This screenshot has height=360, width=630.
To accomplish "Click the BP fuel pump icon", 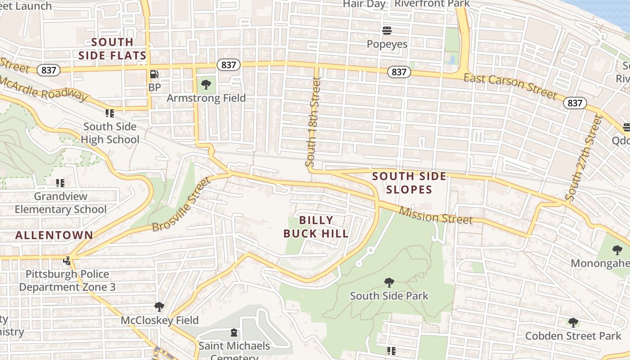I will click(154, 74).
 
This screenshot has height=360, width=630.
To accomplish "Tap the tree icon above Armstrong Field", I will click(206, 84).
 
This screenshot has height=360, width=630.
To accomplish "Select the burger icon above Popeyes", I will click(387, 31).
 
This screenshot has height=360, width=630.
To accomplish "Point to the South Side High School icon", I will click(110, 113).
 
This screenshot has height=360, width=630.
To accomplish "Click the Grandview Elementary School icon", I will click(60, 183).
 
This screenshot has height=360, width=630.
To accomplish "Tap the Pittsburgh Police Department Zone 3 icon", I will click(67, 261).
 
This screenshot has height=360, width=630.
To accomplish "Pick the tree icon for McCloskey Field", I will click(159, 307).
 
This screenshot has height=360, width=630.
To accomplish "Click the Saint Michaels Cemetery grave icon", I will click(234, 333).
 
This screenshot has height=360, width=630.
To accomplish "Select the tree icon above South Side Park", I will click(389, 283).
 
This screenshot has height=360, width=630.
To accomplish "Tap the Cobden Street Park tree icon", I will click(573, 322).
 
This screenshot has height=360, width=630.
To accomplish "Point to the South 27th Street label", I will click(584, 157).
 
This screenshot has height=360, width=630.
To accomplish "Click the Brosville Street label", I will click(181, 204).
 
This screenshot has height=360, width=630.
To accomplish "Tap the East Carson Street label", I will click(510, 85).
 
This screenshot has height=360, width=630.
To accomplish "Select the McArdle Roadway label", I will click(43, 88).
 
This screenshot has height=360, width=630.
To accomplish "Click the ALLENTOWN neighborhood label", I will click(54, 235).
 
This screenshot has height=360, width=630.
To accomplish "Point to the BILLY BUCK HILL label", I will click(316, 227).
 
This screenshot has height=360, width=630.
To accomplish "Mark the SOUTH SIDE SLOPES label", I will click(409, 183).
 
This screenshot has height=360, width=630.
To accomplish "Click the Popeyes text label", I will click(387, 44).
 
